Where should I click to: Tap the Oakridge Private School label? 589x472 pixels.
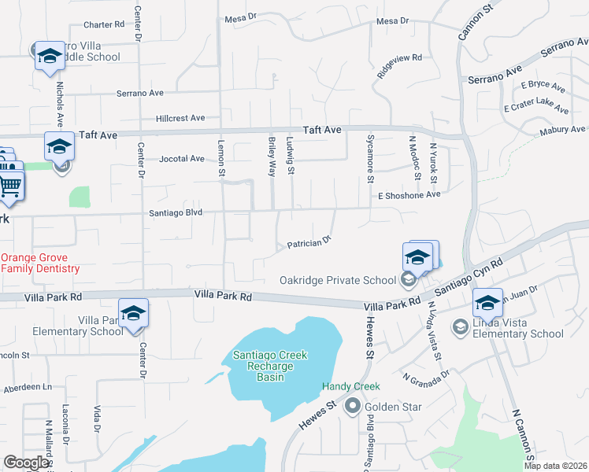(x=338, y=281)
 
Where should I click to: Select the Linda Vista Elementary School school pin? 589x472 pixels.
(x=487, y=303)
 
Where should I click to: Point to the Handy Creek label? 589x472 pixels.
(x=351, y=386)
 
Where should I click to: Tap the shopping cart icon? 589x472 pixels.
(x=9, y=186)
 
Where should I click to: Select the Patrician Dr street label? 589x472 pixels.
(x=309, y=244)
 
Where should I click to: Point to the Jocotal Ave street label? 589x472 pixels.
(x=182, y=158)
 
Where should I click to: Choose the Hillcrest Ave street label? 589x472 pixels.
(x=180, y=119)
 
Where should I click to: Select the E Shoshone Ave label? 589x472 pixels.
(x=409, y=195)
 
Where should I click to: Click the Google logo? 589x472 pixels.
(x=27, y=463)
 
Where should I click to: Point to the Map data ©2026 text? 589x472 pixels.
(x=556, y=466)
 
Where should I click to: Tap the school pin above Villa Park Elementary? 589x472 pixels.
(x=133, y=312)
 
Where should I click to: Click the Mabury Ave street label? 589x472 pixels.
(x=563, y=131)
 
